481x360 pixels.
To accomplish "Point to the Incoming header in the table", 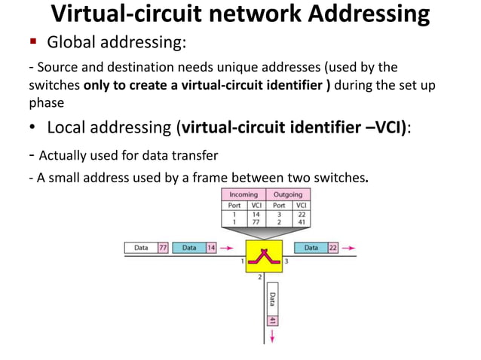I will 244,194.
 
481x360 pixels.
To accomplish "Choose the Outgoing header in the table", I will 287,194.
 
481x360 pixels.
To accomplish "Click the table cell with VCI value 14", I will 256,213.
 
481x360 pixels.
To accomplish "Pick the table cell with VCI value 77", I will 256,221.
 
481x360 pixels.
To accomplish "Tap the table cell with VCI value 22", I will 300,213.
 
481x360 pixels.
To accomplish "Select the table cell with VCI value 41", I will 300,221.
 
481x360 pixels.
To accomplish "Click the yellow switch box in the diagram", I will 264,256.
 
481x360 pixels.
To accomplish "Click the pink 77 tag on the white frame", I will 162,247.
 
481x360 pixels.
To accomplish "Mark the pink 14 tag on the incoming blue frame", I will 211,247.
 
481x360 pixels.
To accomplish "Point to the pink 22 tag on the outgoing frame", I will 332,247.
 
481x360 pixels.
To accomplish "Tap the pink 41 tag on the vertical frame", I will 272,320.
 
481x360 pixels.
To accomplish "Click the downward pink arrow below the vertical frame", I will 272,335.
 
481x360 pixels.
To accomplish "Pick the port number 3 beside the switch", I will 286,261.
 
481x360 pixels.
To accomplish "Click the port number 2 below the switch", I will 259,278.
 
